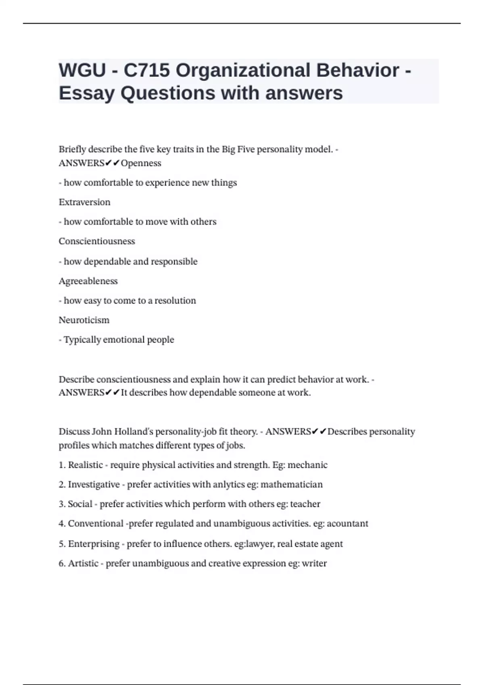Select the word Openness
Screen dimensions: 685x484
point(141,163)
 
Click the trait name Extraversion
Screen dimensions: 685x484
point(84,202)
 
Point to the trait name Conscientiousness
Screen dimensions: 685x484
point(97,241)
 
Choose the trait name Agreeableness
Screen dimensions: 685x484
point(88,281)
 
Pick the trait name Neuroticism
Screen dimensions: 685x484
point(84,320)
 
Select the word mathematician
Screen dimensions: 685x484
point(292,484)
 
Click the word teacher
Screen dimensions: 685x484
point(305,504)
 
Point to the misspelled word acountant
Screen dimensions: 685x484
point(347,523)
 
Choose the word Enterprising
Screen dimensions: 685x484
point(94,544)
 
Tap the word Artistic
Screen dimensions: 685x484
point(83,563)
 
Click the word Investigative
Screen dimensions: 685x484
point(94,484)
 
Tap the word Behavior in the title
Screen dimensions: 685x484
point(358,70)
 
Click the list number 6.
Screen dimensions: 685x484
point(61,563)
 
